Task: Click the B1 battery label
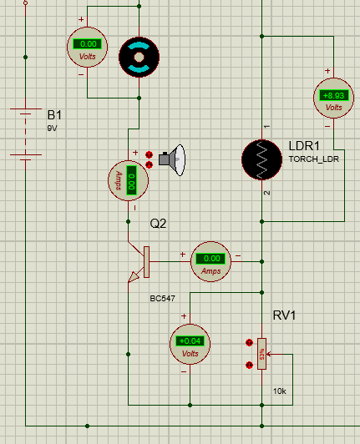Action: pos(54,115)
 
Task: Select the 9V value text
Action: pos(52,129)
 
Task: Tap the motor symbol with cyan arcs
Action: pos(139,57)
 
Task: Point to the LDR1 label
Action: pos(304,146)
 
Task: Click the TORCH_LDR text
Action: pos(314,159)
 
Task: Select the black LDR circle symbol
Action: pos(262,159)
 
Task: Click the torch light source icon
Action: pos(172,160)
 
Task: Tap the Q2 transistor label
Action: pos(158,224)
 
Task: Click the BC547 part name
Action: pos(162,299)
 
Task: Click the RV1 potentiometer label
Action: pos(284,315)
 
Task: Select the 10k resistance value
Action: pos(280,391)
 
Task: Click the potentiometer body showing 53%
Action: pos(261,354)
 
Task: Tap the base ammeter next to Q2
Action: pos(210,262)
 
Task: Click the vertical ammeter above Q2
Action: pos(128,180)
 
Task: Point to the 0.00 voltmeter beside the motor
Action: pos(88,47)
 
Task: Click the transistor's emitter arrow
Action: pos(134,277)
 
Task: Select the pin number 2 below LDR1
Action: pos(266,193)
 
